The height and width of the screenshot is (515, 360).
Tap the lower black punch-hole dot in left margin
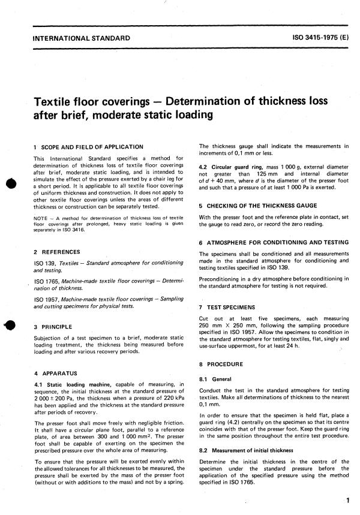pos(10,327)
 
